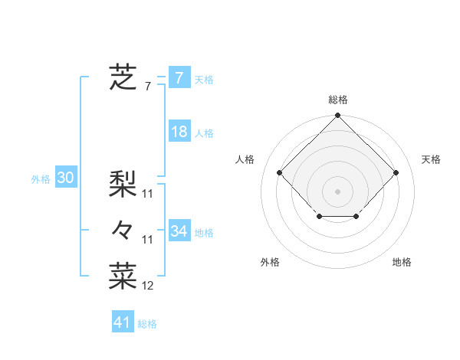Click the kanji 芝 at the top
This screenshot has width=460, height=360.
click(x=123, y=77)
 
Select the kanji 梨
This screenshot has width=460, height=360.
click(x=123, y=184)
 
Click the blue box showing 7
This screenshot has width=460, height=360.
click(x=179, y=77)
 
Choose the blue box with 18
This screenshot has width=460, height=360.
click(x=179, y=132)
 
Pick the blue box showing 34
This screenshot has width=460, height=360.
click(x=179, y=231)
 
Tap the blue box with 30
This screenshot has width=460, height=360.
click(x=66, y=178)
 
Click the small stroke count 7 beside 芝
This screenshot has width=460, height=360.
click(x=148, y=87)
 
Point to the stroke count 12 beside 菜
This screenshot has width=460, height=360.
click(x=148, y=286)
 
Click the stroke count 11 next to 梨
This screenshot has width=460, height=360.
click(x=148, y=194)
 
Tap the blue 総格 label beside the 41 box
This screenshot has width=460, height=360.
click(x=147, y=324)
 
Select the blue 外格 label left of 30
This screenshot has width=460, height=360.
click(x=41, y=179)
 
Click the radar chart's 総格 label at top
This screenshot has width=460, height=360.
click(x=337, y=100)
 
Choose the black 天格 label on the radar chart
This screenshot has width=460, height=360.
click(x=431, y=159)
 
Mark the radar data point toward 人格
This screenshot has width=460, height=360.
click(x=280, y=172)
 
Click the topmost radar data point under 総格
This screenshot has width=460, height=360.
click(x=337, y=116)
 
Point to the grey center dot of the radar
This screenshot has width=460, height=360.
click(x=337, y=191)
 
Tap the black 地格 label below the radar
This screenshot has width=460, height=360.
click(x=402, y=263)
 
